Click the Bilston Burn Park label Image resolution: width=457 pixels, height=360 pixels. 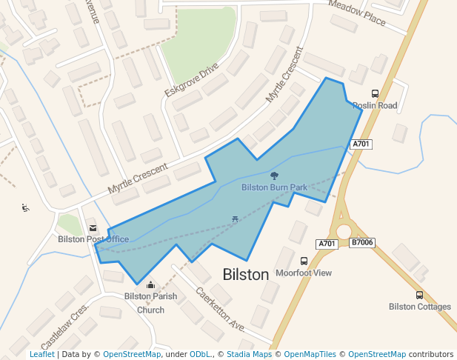pyautogui.click(x=274, y=188)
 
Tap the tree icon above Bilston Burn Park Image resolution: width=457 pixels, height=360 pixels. pyautogui.click(x=275, y=176)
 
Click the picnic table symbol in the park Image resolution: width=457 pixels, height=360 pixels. pyautogui.click(x=235, y=219)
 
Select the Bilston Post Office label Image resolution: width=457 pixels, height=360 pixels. pyautogui.click(x=93, y=239)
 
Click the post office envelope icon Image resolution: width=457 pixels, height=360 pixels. pyautogui.click(x=93, y=227)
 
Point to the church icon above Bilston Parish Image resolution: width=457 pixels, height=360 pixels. pyautogui.click(x=150, y=284)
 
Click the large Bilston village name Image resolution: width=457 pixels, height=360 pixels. pyautogui.click(x=246, y=275)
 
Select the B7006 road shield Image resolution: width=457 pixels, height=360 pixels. pyautogui.click(x=362, y=243)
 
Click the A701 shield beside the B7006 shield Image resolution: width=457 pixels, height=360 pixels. pyautogui.click(x=327, y=244)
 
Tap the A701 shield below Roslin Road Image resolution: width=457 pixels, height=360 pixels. pyautogui.click(x=361, y=144)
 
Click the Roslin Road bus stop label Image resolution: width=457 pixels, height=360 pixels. pyautogui.click(x=375, y=106)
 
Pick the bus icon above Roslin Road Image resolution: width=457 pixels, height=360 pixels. pyautogui.click(x=375, y=94)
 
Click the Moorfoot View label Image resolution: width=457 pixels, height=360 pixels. pyautogui.click(x=304, y=273)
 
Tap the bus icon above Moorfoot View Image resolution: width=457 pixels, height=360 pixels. pyautogui.click(x=304, y=261)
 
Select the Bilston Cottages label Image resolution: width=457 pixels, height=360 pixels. pyautogui.click(x=420, y=307)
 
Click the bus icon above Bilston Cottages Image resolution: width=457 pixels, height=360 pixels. pyautogui.click(x=420, y=295)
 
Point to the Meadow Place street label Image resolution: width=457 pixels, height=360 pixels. pyautogui.click(x=357, y=13)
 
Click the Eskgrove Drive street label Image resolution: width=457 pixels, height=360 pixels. pyautogui.click(x=192, y=80)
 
